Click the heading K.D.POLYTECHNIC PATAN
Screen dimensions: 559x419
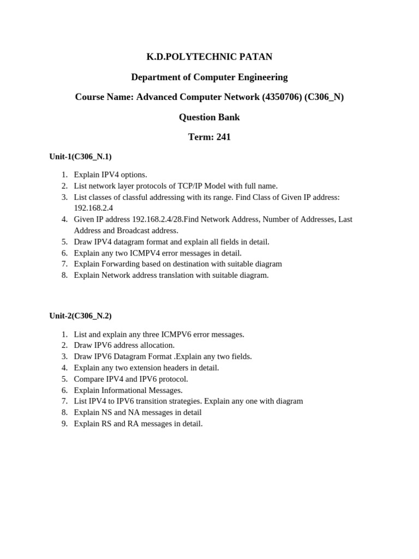pos(209,57)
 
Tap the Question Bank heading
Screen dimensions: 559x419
pos(209,117)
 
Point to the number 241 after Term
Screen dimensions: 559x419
pos(224,138)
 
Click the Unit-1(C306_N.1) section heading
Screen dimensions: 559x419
pos(80,157)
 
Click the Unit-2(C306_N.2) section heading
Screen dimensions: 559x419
pos(80,316)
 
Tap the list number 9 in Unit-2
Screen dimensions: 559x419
pos(64,424)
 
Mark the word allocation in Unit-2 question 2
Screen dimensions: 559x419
pos(157,346)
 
